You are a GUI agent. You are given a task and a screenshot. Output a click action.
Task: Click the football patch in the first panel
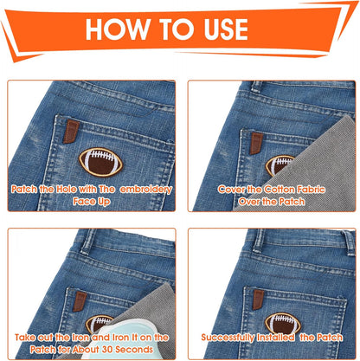101,163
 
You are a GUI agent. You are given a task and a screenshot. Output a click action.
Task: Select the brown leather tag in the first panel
71,132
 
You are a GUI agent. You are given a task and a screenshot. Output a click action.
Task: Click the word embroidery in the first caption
146,190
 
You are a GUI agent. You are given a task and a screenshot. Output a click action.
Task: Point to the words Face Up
92,201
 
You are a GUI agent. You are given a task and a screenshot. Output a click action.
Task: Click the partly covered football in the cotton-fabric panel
280,165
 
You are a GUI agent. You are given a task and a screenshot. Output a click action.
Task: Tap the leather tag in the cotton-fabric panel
256,143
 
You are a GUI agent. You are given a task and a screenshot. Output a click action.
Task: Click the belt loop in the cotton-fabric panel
257,87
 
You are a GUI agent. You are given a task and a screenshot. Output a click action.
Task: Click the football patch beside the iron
99,324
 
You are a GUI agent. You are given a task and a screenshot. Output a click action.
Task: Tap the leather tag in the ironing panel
80,301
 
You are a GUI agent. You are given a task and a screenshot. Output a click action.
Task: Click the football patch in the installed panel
283,324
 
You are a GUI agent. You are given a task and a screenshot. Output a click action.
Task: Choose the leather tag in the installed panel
258,300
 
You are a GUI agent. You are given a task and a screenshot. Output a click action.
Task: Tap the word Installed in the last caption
275,338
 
